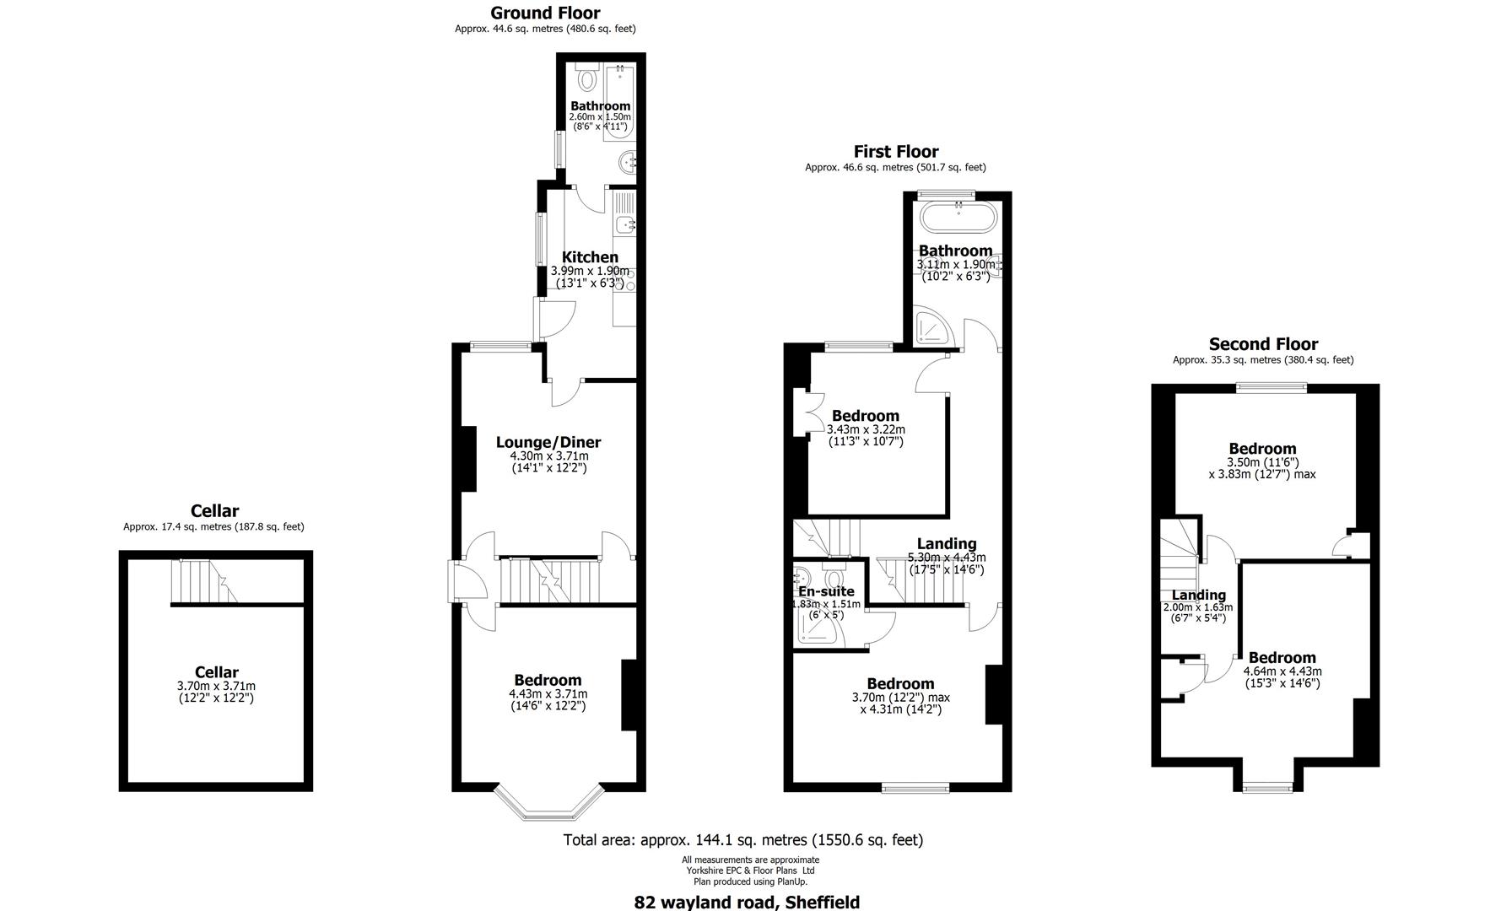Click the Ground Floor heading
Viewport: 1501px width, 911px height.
pos(545,13)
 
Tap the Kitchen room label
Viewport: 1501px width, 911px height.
pos(590,257)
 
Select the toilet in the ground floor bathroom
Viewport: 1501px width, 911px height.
pos(587,80)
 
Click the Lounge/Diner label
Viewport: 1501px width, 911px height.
pos(548,442)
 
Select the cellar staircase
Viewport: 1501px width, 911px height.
pos(202,582)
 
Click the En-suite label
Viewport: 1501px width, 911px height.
pos(826,591)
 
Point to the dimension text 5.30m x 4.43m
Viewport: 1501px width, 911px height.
pos(946,558)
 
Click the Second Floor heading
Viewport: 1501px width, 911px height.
pos(1262,344)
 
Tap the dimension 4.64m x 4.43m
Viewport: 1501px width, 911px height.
pos(1282,671)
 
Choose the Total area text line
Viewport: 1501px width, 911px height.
pos(742,840)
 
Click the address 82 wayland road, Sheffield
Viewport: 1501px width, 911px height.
pos(747,902)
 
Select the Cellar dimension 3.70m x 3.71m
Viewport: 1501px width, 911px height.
pos(216,687)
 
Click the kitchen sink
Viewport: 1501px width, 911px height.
pos(625,224)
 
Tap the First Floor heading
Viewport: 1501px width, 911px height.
pos(895,152)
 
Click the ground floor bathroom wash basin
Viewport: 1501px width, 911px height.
pos(627,162)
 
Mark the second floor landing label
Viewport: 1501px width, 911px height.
pos(1198,595)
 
